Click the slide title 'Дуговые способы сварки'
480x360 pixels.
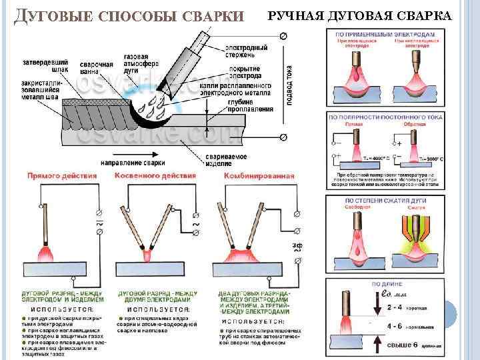coord(130,15)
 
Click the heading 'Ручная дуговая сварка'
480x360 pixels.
coord(359,15)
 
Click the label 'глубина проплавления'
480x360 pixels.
coord(253,105)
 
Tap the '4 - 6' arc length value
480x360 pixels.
coord(393,327)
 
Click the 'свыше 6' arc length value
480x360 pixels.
coord(402,345)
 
